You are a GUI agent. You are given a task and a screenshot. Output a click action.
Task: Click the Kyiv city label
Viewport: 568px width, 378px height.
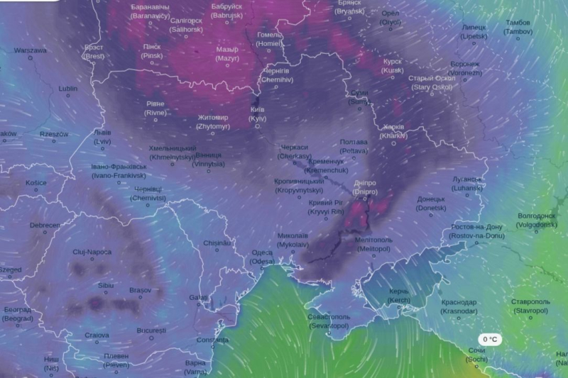(257, 114)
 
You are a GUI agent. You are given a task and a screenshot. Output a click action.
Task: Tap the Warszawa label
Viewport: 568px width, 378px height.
(31, 51)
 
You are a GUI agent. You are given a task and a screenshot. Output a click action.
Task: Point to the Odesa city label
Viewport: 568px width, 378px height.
(261, 257)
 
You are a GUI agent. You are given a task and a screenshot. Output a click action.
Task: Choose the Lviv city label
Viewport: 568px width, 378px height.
(102, 137)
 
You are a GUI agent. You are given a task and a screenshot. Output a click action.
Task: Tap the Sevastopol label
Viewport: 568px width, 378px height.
(328, 321)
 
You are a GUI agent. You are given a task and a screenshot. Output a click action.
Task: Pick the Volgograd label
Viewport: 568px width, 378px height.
(537, 220)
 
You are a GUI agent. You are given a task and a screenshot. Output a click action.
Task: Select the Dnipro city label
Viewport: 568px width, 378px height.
(364, 187)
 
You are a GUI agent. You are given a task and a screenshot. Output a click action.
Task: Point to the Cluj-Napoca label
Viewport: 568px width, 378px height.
(92, 252)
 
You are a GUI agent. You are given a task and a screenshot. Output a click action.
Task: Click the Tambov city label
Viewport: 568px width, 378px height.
(518, 27)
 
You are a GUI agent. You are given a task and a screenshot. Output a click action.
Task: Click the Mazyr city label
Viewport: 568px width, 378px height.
(227, 55)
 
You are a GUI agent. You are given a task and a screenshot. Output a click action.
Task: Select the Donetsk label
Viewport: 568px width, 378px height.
(431, 204)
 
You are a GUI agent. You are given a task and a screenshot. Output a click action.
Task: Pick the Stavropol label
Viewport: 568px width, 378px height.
(530, 306)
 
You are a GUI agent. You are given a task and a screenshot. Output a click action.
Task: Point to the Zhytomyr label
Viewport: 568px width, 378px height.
(213, 122)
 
